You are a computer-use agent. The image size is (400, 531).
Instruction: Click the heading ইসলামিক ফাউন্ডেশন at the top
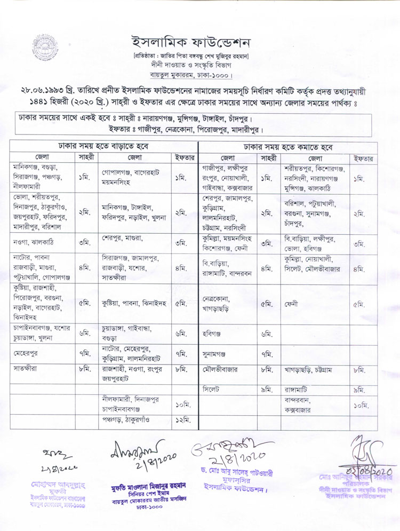tap(191, 42)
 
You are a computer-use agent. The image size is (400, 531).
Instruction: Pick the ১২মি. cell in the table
tap(183, 420)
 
